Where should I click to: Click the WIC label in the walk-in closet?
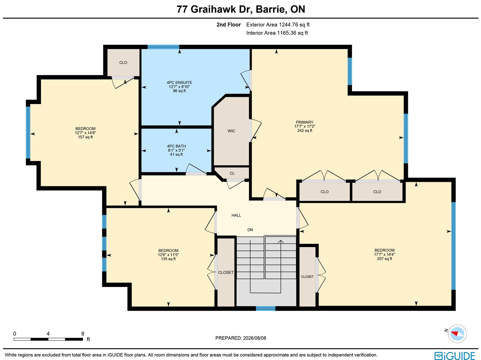[x=231, y=131]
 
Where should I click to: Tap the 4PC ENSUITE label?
[x=179, y=83]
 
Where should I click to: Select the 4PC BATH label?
[x=176, y=146]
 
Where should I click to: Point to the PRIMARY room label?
[x=304, y=122]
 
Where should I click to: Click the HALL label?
[x=236, y=215]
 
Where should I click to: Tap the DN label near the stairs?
[x=250, y=230]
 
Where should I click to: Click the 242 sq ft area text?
[x=305, y=130]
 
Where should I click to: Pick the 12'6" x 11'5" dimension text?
[x=168, y=255]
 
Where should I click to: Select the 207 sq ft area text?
[x=384, y=259]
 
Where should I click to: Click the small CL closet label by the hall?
[x=232, y=173]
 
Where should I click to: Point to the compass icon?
[x=457, y=334]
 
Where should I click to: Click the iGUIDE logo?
[x=455, y=355]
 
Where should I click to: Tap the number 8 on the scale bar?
[x=83, y=334]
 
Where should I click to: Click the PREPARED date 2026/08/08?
[x=255, y=338]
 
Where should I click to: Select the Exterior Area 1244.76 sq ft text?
[x=278, y=25]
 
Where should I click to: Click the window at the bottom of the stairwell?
[x=265, y=309]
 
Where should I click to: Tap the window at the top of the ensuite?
[x=163, y=47]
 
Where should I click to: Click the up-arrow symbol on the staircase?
[x=281, y=241]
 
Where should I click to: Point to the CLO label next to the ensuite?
[x=123, y=63]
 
